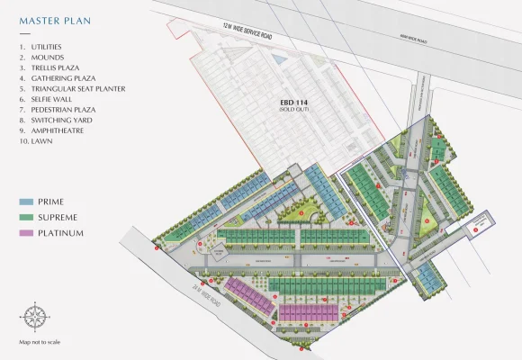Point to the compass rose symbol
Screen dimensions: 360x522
tap(35, 316)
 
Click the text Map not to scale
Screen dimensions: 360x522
tap(39, 343)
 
